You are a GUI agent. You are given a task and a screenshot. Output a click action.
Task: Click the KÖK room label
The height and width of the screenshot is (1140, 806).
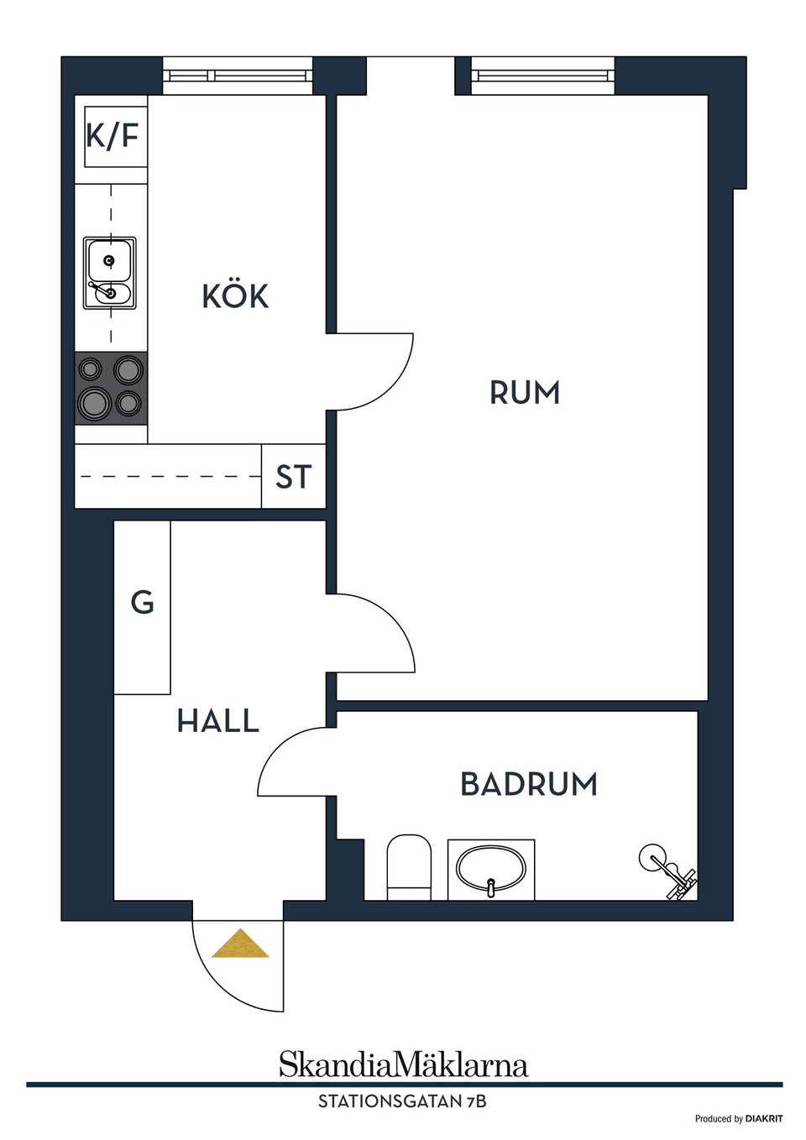pyautogui.click(x=235, y=296)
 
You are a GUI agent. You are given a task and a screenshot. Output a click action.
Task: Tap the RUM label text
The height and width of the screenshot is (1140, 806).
pyautogui.click(x=525, y=392)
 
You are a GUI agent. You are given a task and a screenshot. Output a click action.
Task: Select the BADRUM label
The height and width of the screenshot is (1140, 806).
pyautogui.click(x=529, y=784)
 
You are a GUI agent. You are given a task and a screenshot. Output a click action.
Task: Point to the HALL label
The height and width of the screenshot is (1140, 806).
pyautogui.click(x=217, y=721)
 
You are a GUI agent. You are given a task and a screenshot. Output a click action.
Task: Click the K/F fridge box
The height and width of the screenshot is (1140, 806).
pyautogui.click(x=113, y=137)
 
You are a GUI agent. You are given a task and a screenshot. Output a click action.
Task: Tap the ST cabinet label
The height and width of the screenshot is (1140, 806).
pyautogui.click(x=293, y=477)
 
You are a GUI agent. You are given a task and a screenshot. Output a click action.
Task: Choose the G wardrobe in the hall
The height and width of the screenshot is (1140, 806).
pyautogui.click(x=142, y=608)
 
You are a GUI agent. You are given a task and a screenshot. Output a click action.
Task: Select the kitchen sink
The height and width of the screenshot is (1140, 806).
pyautogui.click(x=110, y=273)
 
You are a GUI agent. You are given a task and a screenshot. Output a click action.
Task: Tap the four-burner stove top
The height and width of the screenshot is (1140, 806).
pyautogui.click(x=112, y=388)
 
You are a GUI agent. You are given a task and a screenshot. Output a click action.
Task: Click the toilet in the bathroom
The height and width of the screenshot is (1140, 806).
pyautogui.click(x=409, y=868)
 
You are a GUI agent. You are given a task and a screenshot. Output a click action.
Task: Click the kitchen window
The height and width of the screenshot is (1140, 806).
pyautogui.click(x=238, y=76)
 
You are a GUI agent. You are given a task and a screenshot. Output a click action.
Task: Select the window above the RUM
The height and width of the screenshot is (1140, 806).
pyautogui.click(x=543, y=76)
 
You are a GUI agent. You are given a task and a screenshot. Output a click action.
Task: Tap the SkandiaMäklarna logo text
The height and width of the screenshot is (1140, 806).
pyautogui.click(x=404, y=1065)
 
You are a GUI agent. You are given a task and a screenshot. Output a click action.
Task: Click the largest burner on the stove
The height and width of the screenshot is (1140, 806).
pyautogui.click(x=94, y=404)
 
